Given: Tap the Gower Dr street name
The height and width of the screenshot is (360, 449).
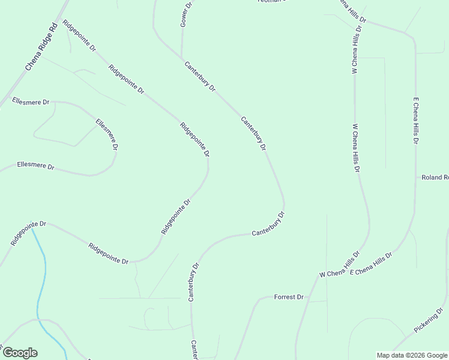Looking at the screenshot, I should point(185,14).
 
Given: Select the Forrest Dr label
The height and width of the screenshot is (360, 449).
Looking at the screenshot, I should point(289,297).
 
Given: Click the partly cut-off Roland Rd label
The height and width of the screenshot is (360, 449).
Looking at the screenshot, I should point(435,178).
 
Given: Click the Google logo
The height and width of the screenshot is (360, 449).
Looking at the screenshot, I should point(20,353).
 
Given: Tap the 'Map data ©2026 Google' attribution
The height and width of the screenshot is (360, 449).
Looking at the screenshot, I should point(412,355).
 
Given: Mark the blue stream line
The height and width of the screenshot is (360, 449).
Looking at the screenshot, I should point(41,282).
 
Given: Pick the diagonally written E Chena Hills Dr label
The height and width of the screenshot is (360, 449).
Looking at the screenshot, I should point(370,264).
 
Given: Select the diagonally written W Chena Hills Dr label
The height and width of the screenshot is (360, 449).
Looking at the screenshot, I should point(340,265).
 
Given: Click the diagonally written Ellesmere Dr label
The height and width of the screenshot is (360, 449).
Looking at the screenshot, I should point(107,134).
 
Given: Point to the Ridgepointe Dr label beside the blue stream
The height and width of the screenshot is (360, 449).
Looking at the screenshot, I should point(28,232).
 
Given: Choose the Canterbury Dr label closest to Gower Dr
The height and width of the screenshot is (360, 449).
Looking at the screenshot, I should point(200,76).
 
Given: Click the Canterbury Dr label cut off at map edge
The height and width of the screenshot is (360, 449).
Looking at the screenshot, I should point(194,350).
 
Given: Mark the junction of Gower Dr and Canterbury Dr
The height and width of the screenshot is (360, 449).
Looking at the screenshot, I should point(182,58).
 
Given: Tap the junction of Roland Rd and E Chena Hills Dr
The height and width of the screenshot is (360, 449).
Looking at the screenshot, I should point(416,178).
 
